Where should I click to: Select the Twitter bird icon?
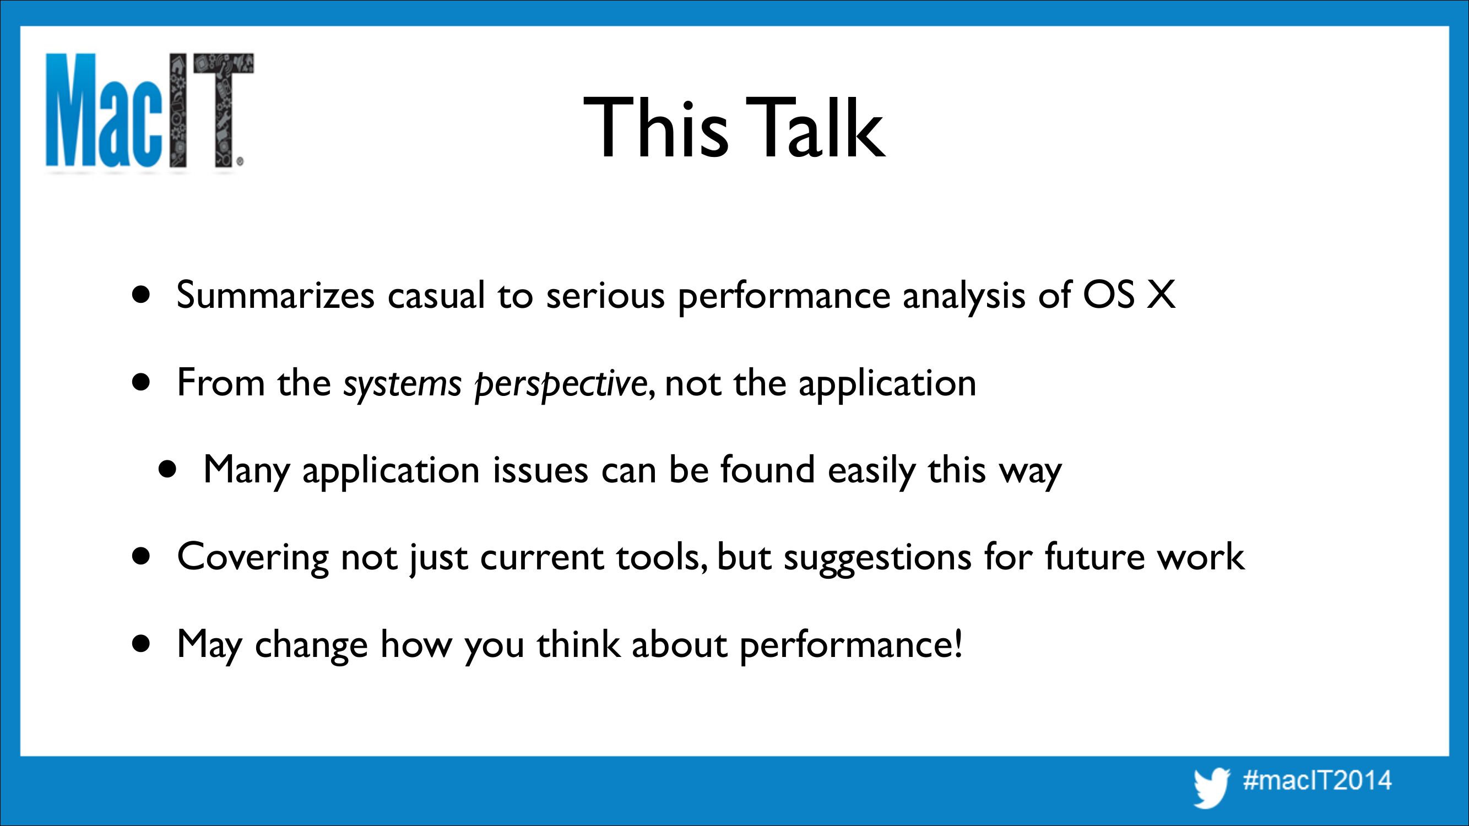tap(1212, 787)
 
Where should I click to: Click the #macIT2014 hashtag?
tap(1318, 780)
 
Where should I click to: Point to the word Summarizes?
tap(275, 295)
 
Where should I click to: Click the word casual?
tap(436, 295)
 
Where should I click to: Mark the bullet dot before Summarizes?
tap(141, 295)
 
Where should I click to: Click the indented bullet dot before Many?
tap(167, 470)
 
